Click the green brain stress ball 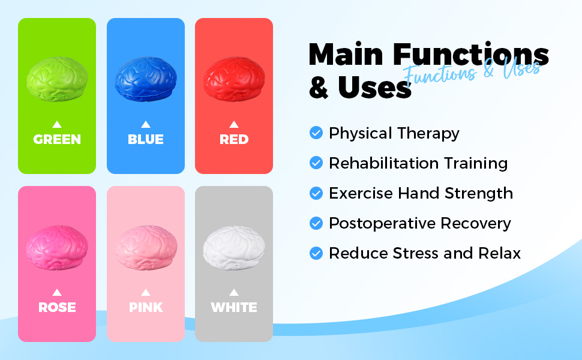point(57,79)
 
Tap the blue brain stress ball point(145,79)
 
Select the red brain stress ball point(234,79)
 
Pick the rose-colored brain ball point(57,248)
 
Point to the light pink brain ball point(146,248)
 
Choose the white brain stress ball point(234,248)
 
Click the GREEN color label point(57,140)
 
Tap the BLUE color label point(145,140)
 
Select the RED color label point(234,140)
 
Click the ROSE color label point(57,307)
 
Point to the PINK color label point(146,307)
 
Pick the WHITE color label point(234,307)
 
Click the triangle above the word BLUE point(145,124)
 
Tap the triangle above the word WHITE point(234,292)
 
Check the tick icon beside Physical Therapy point(316,133)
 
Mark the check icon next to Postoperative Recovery point(316,223)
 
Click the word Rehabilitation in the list point(384,163)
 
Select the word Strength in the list point(479,193)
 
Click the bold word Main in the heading point(346,55)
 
